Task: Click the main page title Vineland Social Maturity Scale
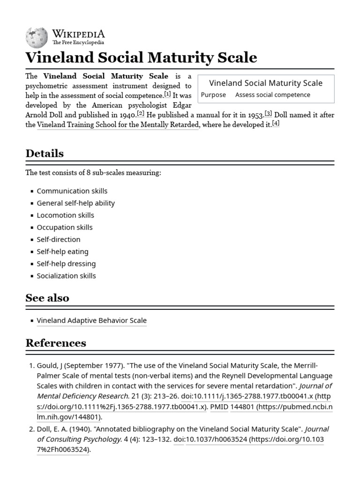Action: (141, 58)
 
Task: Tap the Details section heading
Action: (45, 153)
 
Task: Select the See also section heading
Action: (47, 298)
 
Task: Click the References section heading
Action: (56, 343)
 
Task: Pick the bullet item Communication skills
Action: (72, 191)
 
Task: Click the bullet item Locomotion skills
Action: (65, 215)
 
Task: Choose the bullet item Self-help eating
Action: (62, 251)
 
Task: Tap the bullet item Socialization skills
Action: (66, 276)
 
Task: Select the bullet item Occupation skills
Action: (65, 227)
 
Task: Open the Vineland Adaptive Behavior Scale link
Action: (91, 321)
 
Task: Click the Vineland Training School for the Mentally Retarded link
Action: (118, 125)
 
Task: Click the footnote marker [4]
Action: (276, 123)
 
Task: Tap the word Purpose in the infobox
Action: (213, 95)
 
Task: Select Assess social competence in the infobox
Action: (272, 95)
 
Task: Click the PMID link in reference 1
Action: (219, 407)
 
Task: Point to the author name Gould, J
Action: (52, 365)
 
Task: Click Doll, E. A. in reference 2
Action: (55, 429)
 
